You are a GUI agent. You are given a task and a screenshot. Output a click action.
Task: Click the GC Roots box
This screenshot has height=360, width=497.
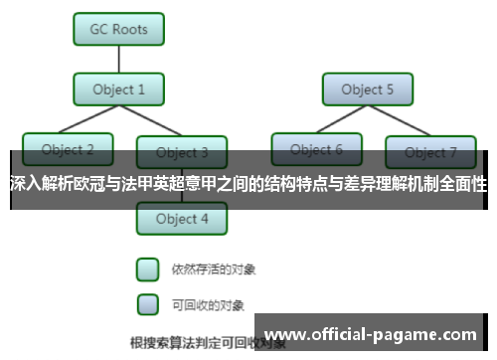point(119,29)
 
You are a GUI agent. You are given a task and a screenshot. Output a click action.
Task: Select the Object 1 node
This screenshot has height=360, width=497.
point(119,90)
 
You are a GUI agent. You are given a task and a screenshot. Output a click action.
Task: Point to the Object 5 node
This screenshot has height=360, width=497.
point(367,90)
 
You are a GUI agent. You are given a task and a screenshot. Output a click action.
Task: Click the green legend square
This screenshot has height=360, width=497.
point(147,269)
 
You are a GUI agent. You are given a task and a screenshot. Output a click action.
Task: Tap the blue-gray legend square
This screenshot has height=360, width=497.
point(147,302)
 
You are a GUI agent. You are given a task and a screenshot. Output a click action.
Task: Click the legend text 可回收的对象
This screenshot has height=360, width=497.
point(208,303)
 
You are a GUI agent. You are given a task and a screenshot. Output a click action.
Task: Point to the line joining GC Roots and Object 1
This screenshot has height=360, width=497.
point(119,60)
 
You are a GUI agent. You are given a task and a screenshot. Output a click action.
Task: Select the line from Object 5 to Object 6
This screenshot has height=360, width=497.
point(343,118)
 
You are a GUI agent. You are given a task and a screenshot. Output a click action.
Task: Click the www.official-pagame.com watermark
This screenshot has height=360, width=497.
point(374,333)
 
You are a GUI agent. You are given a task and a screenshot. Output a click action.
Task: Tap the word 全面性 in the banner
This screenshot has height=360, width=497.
point(465,183)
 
